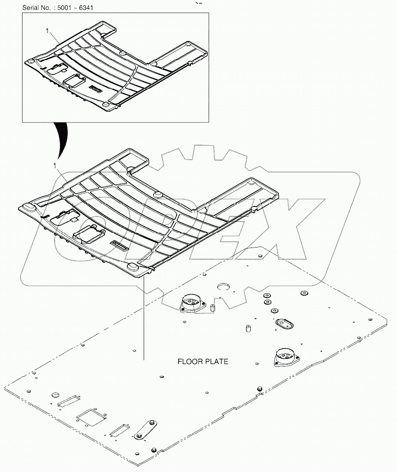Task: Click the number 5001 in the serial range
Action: (64, 7)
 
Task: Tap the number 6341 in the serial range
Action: (86, 7)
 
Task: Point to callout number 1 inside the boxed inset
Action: (47, 30)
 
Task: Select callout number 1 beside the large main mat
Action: (55, 165)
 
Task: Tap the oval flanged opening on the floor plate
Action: (284, 324)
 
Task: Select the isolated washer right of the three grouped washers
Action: (304, 293)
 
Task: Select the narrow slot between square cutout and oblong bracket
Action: (120, 429)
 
